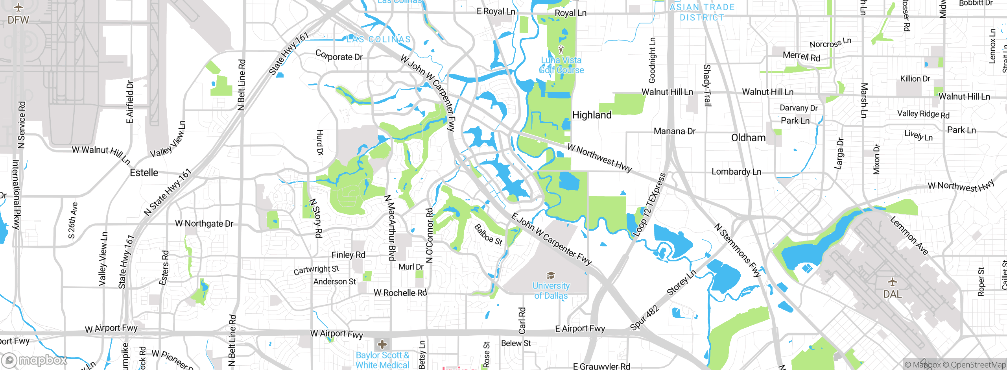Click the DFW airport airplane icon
(x=18, y=7)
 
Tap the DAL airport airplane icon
(x=893, y=282)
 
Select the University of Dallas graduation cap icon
(x=551, y=275)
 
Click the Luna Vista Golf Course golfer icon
(x=561, y=50)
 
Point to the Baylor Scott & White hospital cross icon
(x=382, y=345)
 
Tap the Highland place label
(x=592, y=115)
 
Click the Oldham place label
(x=748, y=138)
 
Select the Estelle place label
(x=144, y=173)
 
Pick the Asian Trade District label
(x=702, y=12)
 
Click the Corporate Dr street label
(x=339, y=55)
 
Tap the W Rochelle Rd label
(x=400, y=293)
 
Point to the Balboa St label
(x=488, y=235)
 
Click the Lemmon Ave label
(x=909, y=235)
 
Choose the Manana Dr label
(x=675, y=131)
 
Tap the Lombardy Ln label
(x=736, y=172)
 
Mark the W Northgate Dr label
(x=204, y=224)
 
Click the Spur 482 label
(x=644, y=318)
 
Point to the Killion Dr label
(x=915, y=79)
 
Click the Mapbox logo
(x=35, y=360)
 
